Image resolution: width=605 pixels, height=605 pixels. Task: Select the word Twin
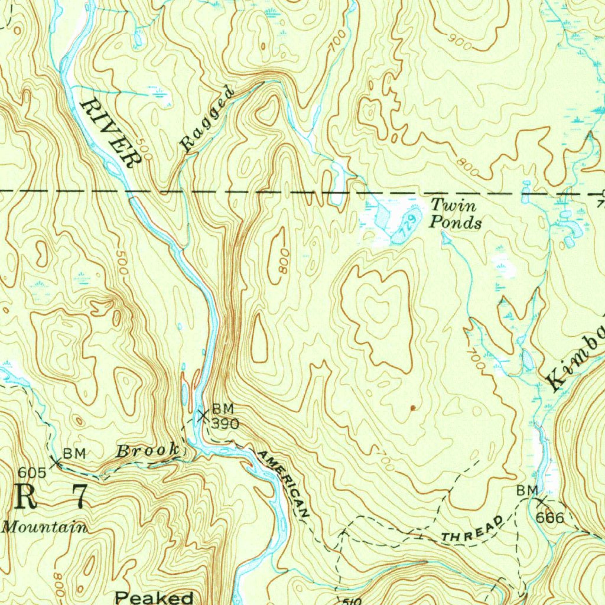click(453, 206)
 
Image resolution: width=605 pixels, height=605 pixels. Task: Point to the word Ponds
click(455, 223)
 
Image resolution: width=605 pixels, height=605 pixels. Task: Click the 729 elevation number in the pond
click(404, 227)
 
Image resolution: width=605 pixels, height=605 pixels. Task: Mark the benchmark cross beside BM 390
click(203, 417)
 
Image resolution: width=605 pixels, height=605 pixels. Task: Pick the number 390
click(225, 424)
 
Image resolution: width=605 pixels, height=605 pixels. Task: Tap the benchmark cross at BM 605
click(56, 462)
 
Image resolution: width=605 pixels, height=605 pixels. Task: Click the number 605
click(31, 472)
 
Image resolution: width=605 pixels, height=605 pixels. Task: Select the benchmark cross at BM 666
click(541, 502)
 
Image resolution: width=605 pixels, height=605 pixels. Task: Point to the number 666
click(550, 518)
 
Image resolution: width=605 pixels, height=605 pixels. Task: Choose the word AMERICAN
click(284, 483)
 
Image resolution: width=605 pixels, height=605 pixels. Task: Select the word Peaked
click(154, 597)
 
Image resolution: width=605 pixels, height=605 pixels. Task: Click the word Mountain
click(44, 526)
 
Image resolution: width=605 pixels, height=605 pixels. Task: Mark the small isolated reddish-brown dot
click(412, 408)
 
